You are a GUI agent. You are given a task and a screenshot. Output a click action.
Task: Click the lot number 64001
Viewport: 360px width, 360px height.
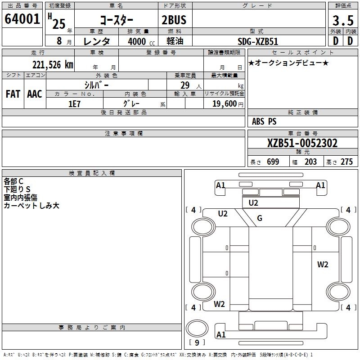pyautogui.click(x=22, y=19)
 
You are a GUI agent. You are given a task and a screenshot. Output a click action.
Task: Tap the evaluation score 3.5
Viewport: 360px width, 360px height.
pyautogui.click(x=342, y=20)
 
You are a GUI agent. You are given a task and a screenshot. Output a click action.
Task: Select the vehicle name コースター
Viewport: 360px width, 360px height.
pyautogui.click(x=117, y=20)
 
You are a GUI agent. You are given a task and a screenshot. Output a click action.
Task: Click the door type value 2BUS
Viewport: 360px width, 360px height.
pyautogui.click(x=174, y=20)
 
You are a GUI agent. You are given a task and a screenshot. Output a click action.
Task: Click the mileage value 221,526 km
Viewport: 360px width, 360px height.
pyautogui.click(x=52, y=65)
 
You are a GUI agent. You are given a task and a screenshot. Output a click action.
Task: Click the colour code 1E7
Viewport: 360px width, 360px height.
pyautogui.click(x=74, y=103)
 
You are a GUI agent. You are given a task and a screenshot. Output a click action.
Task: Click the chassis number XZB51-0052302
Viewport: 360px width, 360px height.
pyautogui.click(x=302, y=144)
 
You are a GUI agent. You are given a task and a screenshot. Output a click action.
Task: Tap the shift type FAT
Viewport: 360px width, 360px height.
pyautogui.click(x=13, y=94)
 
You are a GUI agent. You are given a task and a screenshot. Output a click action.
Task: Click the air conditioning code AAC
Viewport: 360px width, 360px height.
pyautogui.click(x=35, y=94)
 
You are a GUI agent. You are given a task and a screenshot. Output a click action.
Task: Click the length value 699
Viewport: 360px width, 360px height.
pyautogui.click(x=273, y=162)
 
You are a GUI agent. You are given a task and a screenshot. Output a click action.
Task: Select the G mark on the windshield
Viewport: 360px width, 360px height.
pyautogui.click(x=259, y=219)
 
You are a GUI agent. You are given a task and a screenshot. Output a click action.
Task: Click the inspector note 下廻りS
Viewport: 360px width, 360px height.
pyautogui.click(x=17, y=189)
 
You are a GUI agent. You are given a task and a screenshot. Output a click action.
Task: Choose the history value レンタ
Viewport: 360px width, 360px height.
pyautogui.click(x=97, y=41)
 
